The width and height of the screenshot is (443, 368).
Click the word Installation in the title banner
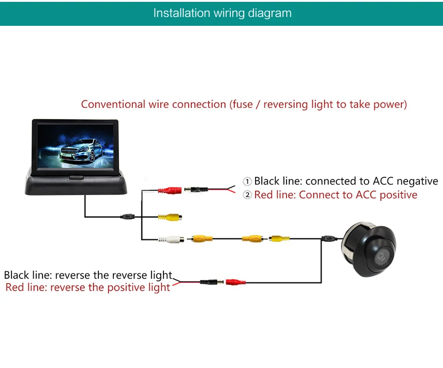click(182, 13)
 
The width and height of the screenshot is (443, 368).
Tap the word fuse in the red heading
click(243, 105)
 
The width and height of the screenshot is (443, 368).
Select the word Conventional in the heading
click(114, 104)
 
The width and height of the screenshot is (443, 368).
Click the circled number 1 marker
click(247, 181)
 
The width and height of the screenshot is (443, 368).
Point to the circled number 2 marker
click(247, 195)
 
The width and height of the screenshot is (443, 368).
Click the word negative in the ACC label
click(417, 181)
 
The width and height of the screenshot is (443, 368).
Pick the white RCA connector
click(171, 239)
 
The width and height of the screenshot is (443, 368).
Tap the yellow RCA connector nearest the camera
click(279, 239)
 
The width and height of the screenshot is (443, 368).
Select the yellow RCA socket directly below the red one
click(170, 217)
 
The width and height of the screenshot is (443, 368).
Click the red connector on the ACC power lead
click(170, 190)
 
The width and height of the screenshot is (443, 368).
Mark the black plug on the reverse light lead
click(212, 282)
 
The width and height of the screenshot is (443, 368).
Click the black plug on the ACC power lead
click(196, 190)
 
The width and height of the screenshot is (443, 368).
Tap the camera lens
click(382, 257)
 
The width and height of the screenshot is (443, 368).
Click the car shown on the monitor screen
click(81, 151)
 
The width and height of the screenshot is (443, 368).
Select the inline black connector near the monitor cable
click(128, 217)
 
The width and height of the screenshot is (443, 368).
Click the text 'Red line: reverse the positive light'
click(88, 287)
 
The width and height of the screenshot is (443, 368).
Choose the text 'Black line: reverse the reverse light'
click(88, 275)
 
